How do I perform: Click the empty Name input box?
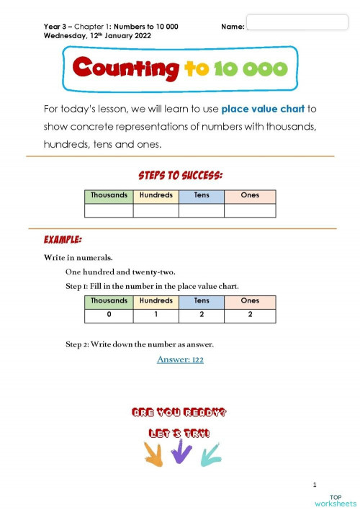(297, 22)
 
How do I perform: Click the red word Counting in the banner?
(125, 68)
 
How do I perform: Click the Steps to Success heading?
(180, 175)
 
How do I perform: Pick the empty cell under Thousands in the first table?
(109, 210)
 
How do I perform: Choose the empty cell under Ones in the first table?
(250, 210)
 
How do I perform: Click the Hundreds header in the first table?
(156, 195)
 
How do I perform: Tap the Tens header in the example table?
(202, 301)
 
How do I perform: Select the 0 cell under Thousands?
(109, 316)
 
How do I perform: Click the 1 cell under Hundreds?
(156, 316)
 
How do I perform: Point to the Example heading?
(63, 238)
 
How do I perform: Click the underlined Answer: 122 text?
(180, 359)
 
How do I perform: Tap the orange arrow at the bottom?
(153, 453)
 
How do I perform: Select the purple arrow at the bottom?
(180, 452)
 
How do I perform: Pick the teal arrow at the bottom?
(210, 453)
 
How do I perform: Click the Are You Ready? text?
(179, 413)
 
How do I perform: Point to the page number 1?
(315, 484)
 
